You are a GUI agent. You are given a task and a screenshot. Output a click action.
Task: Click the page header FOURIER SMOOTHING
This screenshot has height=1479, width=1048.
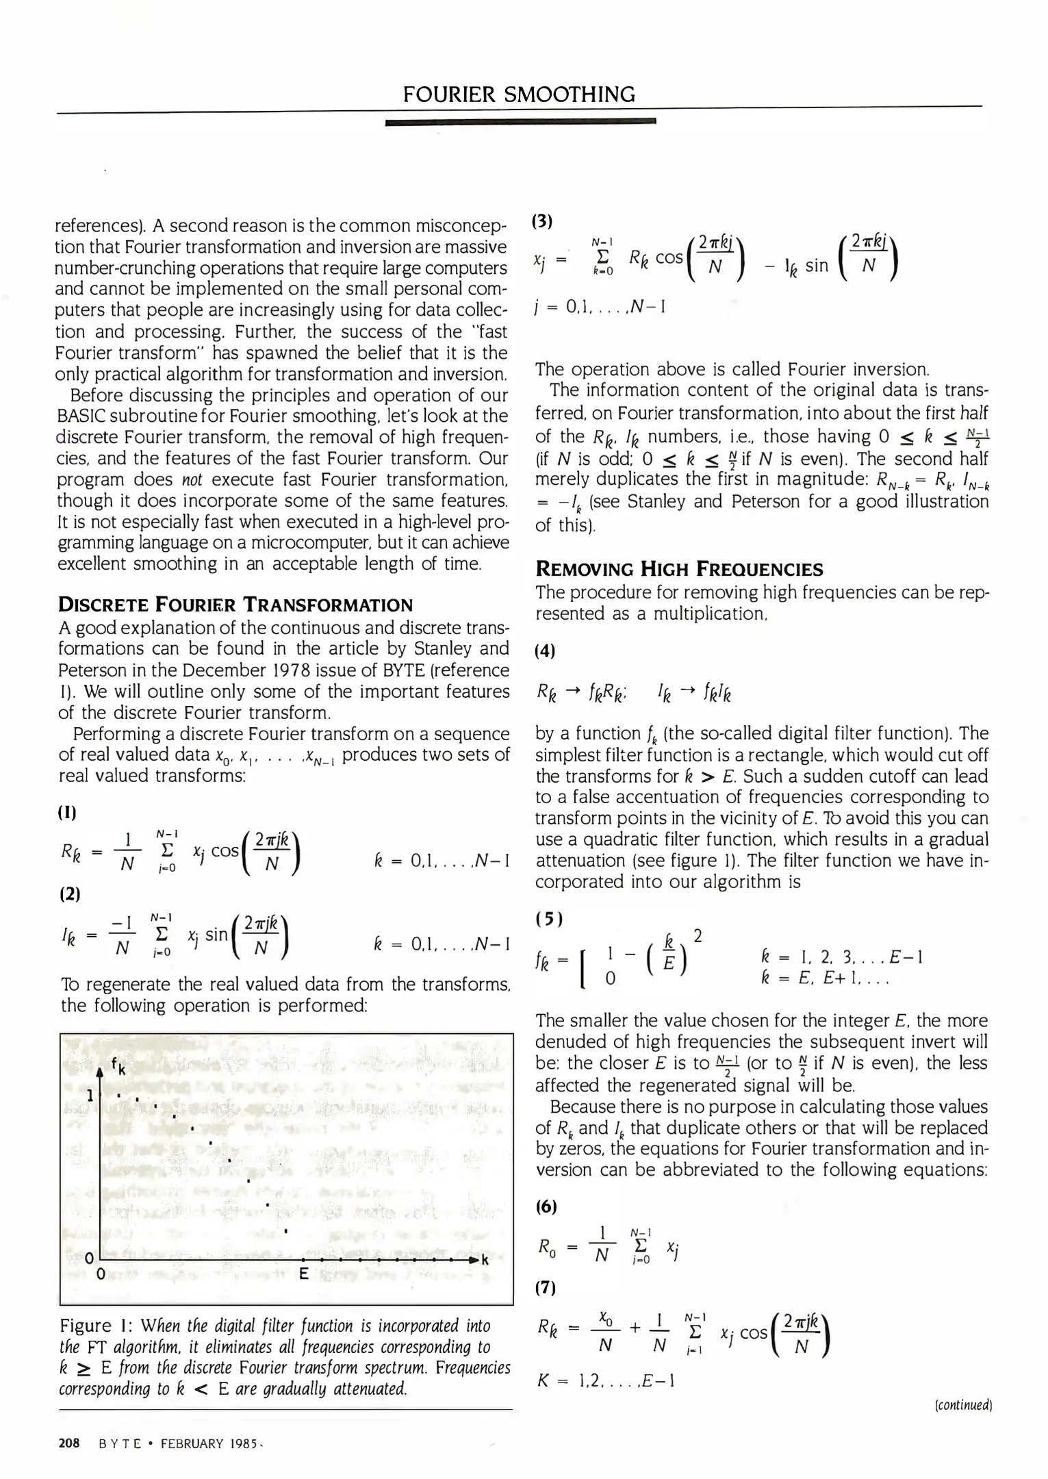[x=519, y=94]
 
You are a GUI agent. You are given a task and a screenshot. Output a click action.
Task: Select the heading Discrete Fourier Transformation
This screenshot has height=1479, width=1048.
[x=235, y=605]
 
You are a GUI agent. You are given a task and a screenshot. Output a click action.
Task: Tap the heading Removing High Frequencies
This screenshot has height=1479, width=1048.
[x=679, y=569]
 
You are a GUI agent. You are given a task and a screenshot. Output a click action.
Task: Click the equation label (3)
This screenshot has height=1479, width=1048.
[x=542, y=220]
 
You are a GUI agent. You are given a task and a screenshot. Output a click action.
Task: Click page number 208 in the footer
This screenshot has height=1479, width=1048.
[x=69, y=1443]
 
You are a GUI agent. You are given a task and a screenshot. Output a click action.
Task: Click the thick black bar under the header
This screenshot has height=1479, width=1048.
[x=520, y=122]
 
